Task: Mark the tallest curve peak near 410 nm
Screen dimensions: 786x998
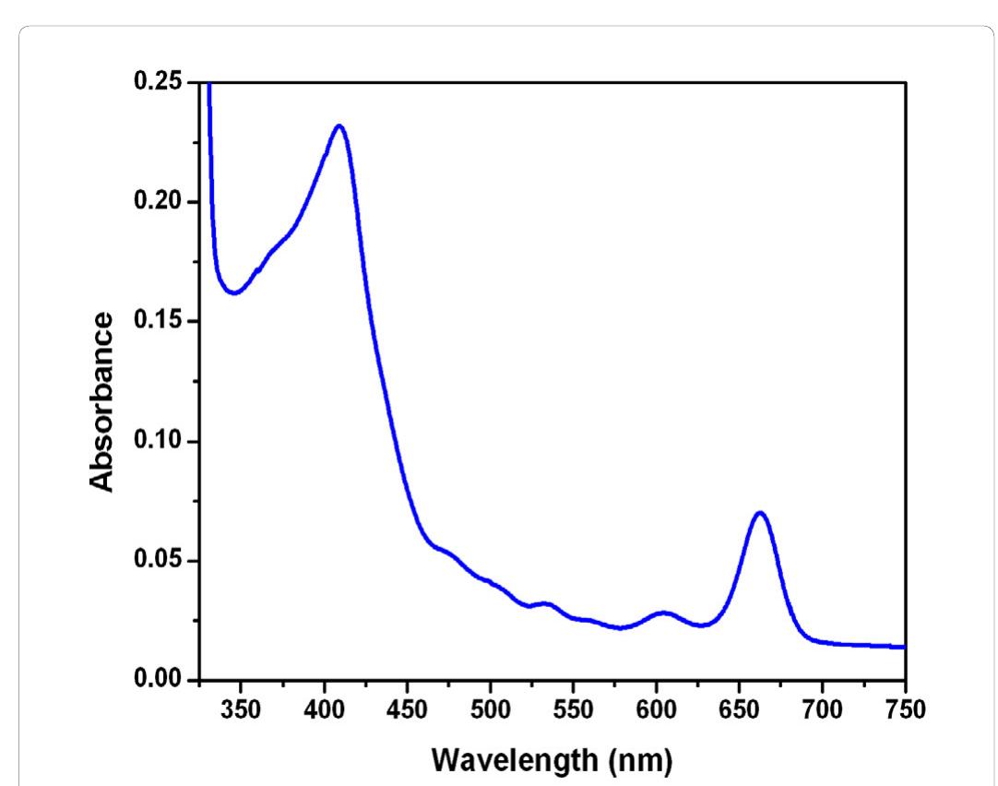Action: pyautogui.click(x=339, y=125)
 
